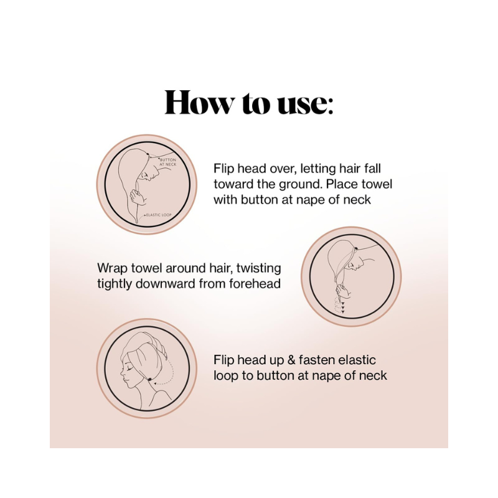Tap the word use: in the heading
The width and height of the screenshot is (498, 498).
pyautogui.click(x=305, y=104)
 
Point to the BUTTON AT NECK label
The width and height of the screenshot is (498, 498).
pyautogui.click(x=167, y=162)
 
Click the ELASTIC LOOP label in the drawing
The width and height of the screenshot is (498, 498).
pyautogui.click(x=159, y=215)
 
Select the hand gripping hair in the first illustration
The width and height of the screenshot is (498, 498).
pyautogui.click(x=138, y=197)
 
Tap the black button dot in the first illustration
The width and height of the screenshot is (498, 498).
pyautogui.click(x=148, y=154)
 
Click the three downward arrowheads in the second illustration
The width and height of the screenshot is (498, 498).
pyautogui.click(x=343, y=308)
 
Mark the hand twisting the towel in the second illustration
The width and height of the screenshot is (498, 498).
pyautogui.click(x=343, y=291)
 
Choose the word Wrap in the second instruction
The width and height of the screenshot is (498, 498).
pyautogui.click(x=113, y=268)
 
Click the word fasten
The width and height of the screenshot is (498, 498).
pyautogui.click(x=316, y=360)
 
